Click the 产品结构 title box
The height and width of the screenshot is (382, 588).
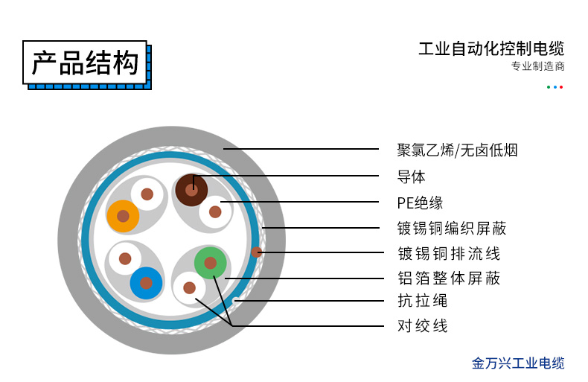click(85, 63)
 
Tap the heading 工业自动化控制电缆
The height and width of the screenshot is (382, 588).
click(491, 49)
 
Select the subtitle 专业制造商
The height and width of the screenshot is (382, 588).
click(537, 66)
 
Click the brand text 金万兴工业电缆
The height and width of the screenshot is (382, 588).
click(518, 363)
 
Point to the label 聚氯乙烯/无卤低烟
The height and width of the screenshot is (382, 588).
click(457, 150)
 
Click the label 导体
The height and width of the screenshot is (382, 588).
click(411, 176)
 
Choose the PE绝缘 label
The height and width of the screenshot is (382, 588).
click(420, 203)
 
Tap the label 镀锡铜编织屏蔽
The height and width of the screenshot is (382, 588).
click(452, 228)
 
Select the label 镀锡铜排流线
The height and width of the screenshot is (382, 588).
click(449, 254)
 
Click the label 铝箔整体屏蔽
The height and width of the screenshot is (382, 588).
click(449, 278)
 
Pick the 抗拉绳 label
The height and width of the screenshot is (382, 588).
click(423, 301)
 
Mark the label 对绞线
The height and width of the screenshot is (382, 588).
click(423, 325)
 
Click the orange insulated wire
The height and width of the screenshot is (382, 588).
click(123, 216)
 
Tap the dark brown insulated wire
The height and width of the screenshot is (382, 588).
click(191, 190)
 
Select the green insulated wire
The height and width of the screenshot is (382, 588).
click(211, 263)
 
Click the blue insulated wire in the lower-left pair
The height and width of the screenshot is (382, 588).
click(146, 283)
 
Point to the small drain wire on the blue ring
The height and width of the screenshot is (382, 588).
click(257, 252)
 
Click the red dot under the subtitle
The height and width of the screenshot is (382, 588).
click(561, 87)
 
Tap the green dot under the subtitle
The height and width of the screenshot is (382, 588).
click(549, 87)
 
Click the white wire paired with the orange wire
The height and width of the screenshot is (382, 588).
click(147, 194)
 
